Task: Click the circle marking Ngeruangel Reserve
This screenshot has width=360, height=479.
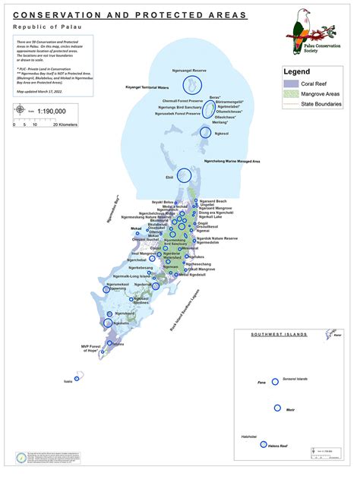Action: pyautogui.click(x=190, y=81)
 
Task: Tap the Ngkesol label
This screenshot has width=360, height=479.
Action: pyautogui.click(x=222, y=134)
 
